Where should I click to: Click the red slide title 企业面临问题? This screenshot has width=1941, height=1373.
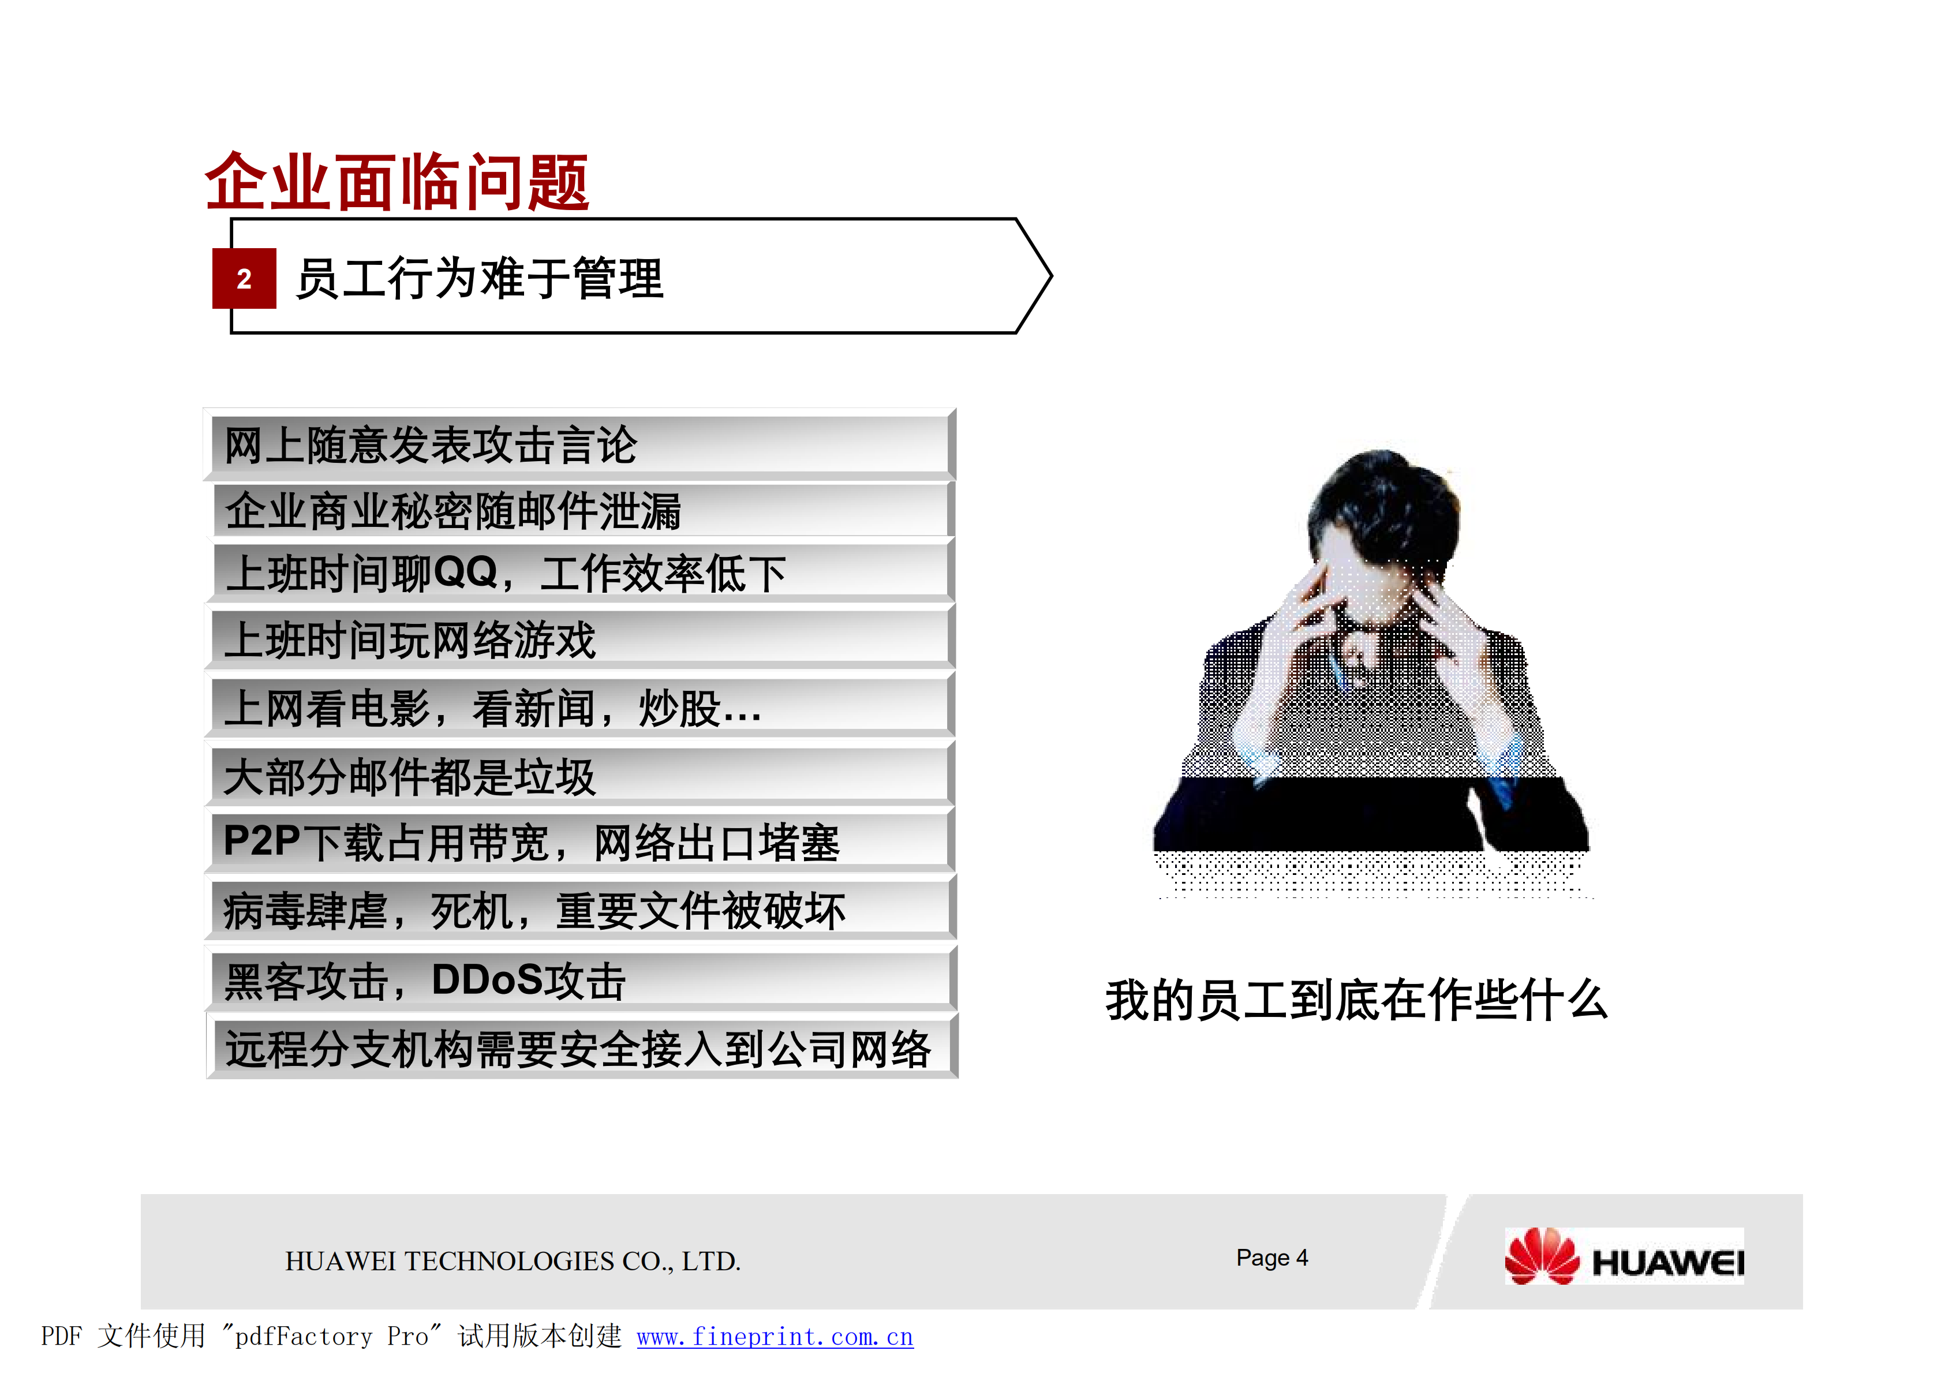[x=397, y=182]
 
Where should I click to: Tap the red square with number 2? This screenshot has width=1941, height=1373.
[x=244, y=279]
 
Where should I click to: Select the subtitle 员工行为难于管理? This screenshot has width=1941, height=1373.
[x=479, y=279]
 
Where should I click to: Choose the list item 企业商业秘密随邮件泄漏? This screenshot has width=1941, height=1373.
[x=452, y=511]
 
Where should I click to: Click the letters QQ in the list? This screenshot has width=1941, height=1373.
[x=465, y=573]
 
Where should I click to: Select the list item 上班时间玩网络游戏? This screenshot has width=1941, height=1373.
[x=410, y=640]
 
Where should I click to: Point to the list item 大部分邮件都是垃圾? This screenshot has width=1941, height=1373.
[x=410, y=777]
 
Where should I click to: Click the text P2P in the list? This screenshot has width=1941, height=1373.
[x=261, y=842]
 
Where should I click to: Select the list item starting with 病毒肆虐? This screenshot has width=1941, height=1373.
[x=533, y=911]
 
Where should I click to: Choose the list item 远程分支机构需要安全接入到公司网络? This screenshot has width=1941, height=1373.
[x=577, y=1050]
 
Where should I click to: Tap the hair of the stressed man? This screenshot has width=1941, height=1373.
[x=1386, y=499]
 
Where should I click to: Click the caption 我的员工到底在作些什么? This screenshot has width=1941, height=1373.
[x=1356, y=1000]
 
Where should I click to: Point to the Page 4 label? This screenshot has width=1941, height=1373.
[x=1271, y=1258]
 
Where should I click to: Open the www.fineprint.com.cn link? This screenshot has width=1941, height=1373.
[x=775, y=1337]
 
